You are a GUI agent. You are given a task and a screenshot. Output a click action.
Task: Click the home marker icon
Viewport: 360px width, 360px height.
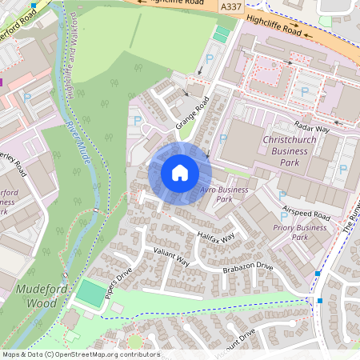point(180,172)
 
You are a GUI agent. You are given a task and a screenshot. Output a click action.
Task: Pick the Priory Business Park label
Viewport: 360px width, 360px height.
point(299,232)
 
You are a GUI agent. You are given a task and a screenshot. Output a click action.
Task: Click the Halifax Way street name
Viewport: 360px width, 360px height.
point(216,238)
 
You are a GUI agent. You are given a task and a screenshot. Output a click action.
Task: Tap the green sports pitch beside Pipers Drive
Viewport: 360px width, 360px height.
point(90,295)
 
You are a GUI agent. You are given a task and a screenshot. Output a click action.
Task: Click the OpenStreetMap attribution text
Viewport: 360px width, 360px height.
point(80,354)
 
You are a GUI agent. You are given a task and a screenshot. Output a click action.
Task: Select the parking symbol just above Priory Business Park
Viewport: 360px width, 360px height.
point(282,195)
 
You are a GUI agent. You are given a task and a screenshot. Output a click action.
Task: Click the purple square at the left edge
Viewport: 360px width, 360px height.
point(2,81)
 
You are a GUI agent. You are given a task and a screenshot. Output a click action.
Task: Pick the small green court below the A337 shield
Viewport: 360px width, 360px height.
point(222,34)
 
